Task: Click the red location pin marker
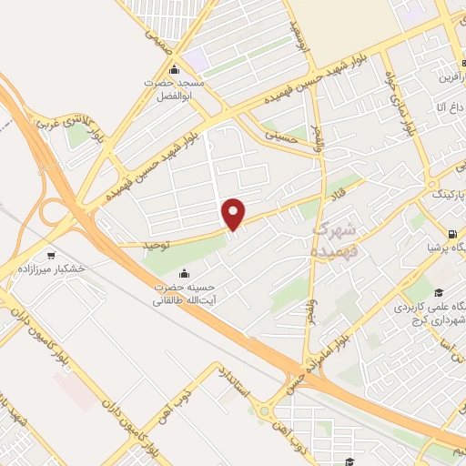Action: (x=234, y=212)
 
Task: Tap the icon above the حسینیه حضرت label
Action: (x=186, y=273)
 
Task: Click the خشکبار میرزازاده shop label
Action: (x=50, y=269)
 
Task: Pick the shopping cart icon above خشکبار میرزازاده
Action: (x=50, y=254)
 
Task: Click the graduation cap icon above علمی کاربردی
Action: (x=438, y=292)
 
